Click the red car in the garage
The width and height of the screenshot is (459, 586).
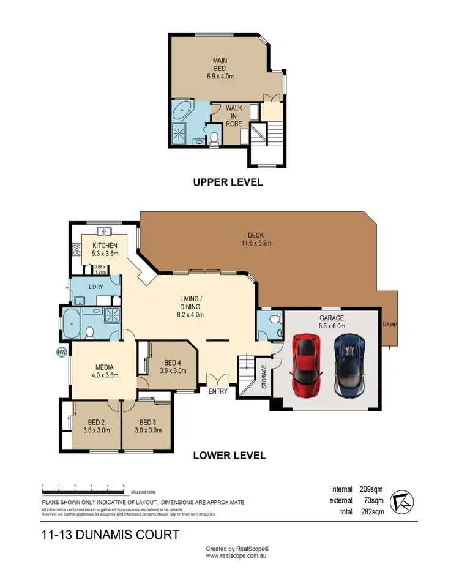[x=305, y=366]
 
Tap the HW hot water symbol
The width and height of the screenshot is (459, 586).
[x=61, y=352]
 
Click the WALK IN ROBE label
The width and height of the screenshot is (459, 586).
[x=234, y=116]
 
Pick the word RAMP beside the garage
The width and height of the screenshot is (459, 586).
[x=389, y=325]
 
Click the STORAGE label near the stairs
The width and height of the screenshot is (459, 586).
[x=264, y=377]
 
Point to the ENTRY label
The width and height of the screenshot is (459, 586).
[x=218, y=391]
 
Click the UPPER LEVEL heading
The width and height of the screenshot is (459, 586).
[x=228, y=182]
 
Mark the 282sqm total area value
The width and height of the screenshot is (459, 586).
[x=372, y=511]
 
